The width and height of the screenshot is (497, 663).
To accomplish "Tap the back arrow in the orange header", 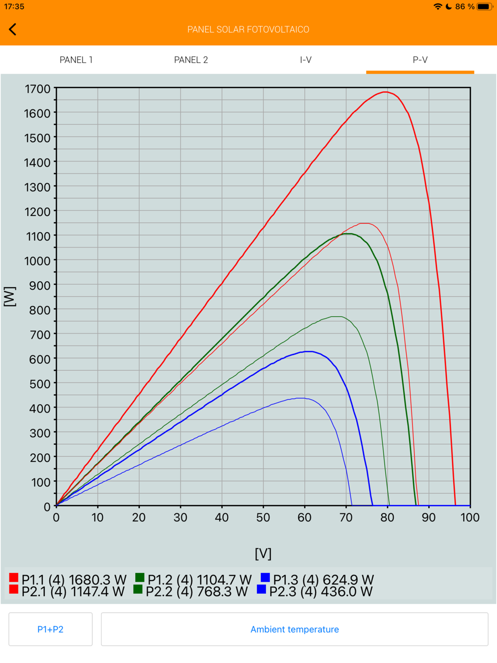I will pyautogui.click(x=13, y=29).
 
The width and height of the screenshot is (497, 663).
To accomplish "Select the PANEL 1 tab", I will pyautogui.click(x=76, y=60).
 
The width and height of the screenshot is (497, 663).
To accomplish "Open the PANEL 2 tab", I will pyautogui.click(x=191, y=60).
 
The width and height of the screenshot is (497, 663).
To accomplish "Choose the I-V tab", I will pyautogui.click(x=306, y=60).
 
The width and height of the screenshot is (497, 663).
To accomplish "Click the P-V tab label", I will pyautogui.click(x=420, y=60).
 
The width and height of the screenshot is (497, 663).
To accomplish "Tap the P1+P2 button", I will pyautogui.click(x=51, y=629).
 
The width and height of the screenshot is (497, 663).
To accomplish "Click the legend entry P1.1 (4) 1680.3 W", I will pyautogui.click(x=68, y=580).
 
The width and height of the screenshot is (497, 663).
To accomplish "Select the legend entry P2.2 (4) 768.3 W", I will pyautogui.click(x=191, y=591).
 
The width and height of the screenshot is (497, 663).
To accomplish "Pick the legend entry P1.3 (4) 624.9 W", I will pyautogui.click(x=317, y=580).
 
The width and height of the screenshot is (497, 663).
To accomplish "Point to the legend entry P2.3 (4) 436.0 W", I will pyautogui.click(x=315, y=591).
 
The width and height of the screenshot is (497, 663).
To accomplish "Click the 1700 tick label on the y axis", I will pyautogui.click(x=38, y=89).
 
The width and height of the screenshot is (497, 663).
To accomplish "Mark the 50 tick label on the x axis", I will pyautogui.click(x=263, y=517).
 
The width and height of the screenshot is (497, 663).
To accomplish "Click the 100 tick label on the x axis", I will pyautogui.click(x=470, y=517).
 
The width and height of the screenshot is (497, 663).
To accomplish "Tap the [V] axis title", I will pyautogui.click(x=263, y=553).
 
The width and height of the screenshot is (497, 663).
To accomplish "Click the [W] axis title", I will pyautogui.click(x=10, y=297).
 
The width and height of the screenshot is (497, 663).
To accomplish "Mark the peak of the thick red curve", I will pyautogui.click(x=386, y=92).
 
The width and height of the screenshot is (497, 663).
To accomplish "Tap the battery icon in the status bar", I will pyautogui.click(x=484, y=6).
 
